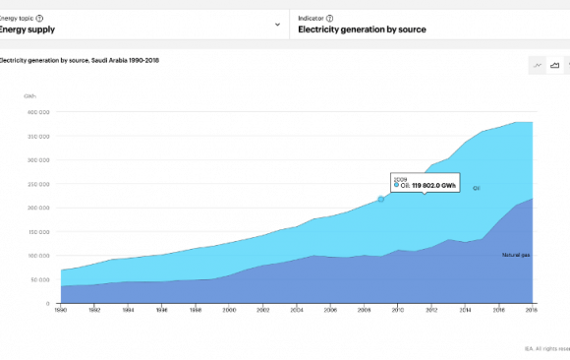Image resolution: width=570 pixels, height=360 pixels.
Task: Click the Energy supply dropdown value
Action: [27, 30]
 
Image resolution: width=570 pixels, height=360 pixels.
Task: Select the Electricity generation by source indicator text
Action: [363, 30]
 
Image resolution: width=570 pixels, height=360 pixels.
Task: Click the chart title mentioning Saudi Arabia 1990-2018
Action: [79, 60]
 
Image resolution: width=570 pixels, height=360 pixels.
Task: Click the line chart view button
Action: [538, 65]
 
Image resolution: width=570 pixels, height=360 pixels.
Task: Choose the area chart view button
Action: [555, 65]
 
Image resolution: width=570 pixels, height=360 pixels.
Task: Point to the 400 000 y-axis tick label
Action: [37, 112]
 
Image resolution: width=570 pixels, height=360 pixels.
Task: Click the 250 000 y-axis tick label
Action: [37, 184]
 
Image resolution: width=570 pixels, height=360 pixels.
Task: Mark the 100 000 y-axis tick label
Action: [37, 256]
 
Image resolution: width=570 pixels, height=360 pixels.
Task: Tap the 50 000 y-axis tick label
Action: [38, 279]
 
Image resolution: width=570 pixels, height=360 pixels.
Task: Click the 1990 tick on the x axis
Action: [61, 310]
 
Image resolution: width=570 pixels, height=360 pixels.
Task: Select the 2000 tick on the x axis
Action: [229, 310]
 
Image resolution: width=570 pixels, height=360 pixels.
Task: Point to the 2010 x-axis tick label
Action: [398, 310]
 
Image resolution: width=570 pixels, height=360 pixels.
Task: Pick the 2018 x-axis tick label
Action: [532, 310]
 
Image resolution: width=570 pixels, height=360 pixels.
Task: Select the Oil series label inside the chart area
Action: [476, 188]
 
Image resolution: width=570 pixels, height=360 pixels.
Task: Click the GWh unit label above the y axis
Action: [30, 95]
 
